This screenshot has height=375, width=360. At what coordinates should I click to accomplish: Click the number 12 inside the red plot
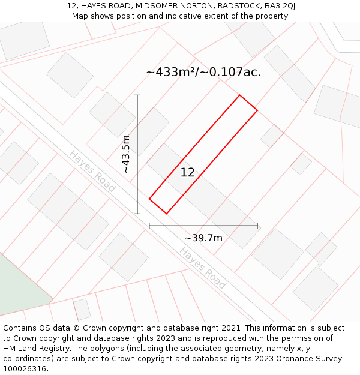click(x=187, y=173)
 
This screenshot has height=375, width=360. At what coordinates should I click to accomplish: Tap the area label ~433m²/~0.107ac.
click(x=203, y=73)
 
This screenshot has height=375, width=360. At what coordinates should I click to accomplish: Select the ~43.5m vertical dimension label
click(x=126, y=154)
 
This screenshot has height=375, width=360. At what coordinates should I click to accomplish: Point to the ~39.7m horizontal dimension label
click(x=203, y=238)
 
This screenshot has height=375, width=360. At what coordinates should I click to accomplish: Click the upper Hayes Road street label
click(x=92, y=171)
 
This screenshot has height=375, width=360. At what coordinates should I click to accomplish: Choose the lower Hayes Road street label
click(x=203, y=268)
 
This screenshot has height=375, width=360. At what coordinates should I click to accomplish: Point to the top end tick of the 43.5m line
click(x=137, y=95)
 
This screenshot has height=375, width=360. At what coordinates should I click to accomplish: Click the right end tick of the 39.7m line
click(x=257, y=226)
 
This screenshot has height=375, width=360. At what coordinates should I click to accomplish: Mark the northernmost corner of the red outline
click(x=239, y=95)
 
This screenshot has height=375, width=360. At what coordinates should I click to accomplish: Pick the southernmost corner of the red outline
click(x=166, y=213)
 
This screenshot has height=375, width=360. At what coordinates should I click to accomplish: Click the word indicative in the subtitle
click(x=199, y=16)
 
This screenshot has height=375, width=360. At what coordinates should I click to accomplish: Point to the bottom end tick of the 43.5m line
click(x=137, y=213)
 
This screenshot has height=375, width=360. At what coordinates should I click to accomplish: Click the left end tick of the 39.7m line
click(x=149, y=226)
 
